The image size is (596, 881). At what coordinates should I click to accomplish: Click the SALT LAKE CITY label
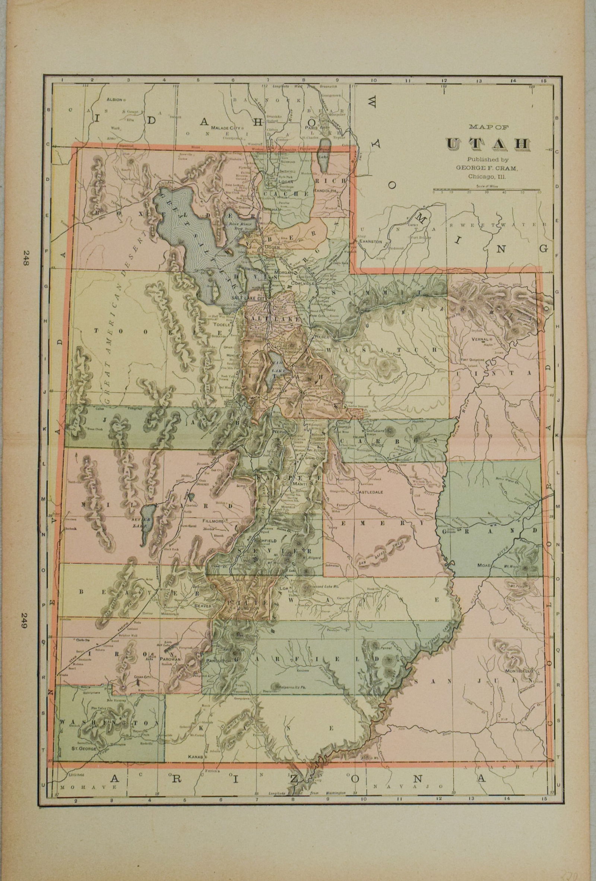tap(251, 299)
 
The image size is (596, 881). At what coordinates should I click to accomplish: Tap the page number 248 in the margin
tap(26, 259)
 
